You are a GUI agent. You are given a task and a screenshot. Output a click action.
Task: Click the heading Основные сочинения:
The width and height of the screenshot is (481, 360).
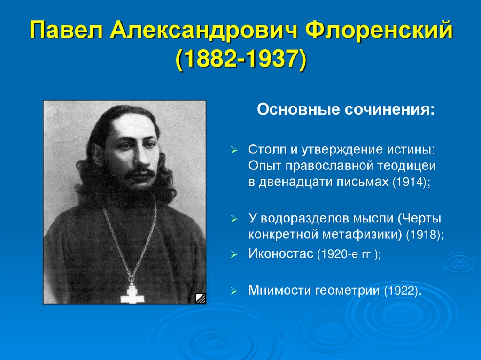tap(345, 111)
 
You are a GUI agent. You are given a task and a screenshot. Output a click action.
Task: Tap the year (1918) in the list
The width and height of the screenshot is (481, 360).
tap(426, 234)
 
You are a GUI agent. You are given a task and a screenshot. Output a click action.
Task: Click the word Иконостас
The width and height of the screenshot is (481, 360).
tap(280, 254)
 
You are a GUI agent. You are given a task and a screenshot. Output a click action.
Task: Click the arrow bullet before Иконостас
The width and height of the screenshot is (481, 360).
tap(234, 255)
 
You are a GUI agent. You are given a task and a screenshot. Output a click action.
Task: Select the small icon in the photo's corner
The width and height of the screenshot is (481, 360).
tap(200, 298)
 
